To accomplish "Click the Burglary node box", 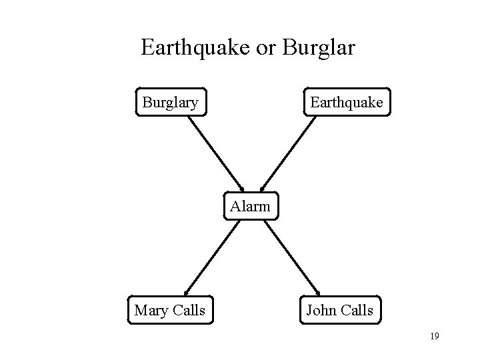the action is coord(171,103).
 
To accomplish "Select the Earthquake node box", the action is coord(346,103).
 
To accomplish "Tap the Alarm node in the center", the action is coord(250,207).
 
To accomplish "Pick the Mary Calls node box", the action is coord(169,310).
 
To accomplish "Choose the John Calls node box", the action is coord(339,310).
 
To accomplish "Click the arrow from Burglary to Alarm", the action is coord(217,153).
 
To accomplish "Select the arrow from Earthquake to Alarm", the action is coord(287,153).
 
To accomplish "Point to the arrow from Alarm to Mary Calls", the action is coord(210,257).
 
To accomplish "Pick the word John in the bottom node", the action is coord(321,310).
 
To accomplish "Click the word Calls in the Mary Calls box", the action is coord(188,310).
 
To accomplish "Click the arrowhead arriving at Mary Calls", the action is coord(186,291).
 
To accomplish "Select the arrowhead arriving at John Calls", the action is coord(317,291).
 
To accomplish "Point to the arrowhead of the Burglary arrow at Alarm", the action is coord(242,189).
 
